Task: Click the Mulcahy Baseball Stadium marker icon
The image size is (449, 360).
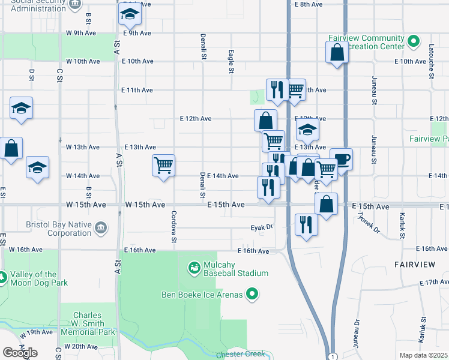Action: (194, 268)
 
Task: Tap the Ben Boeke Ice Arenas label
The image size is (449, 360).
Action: (202, 294)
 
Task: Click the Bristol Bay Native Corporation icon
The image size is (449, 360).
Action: (101, 228)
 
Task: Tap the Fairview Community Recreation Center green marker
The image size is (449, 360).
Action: (413, 41)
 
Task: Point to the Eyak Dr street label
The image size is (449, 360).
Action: (262, 227)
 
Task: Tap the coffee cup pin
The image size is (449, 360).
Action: (342, 160)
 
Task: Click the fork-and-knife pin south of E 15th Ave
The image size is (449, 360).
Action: (307, 225)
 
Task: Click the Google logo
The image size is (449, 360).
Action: (20, 353)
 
